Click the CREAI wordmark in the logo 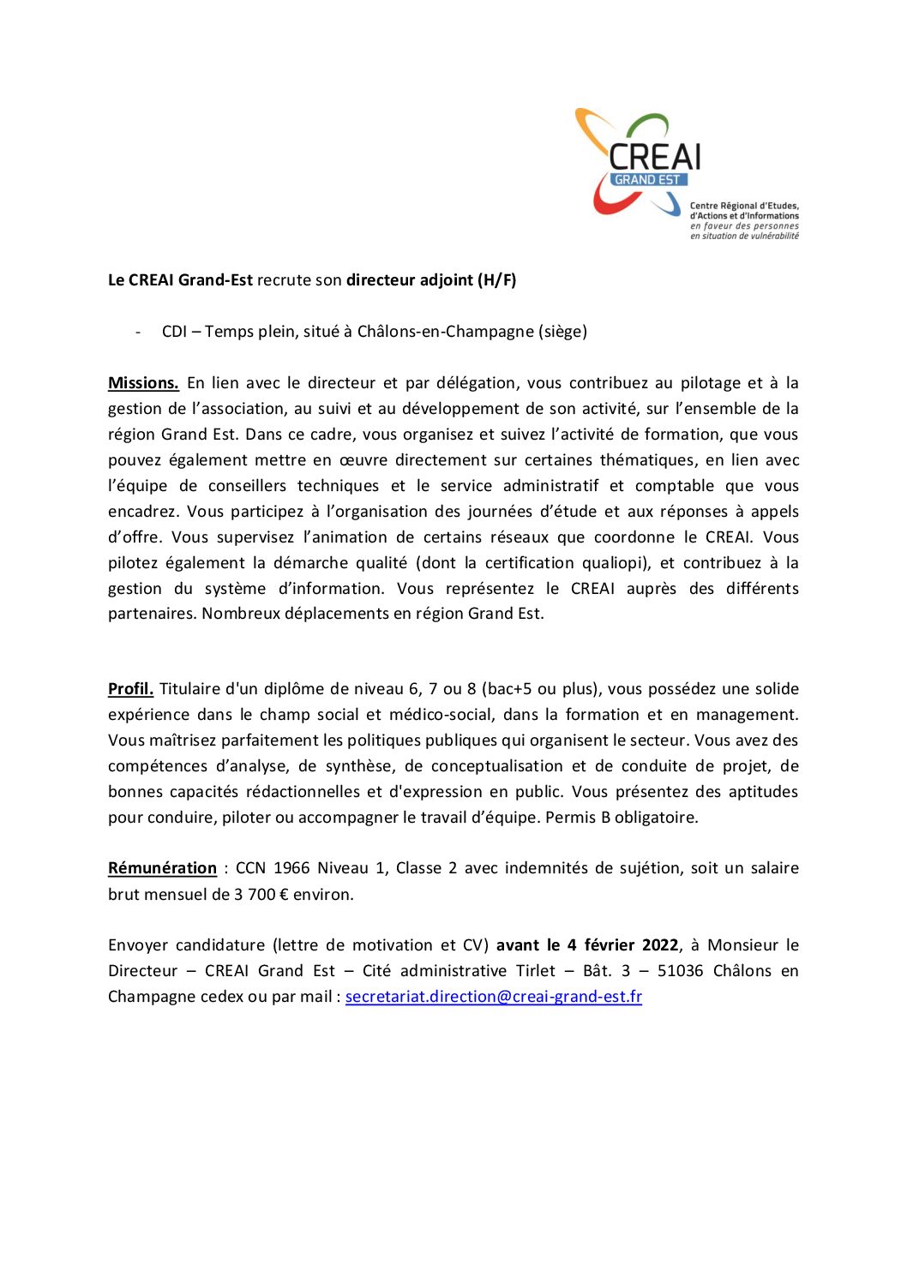coord(655,156)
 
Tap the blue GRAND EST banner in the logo coord(647,180)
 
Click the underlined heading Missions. coord(143,383)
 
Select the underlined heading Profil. coord(130,689)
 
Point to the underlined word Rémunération coord(162,868)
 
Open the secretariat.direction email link coord(493,997)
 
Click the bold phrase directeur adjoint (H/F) coord(431,280)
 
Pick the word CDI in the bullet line coord(174,332)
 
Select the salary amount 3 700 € coord(267,895)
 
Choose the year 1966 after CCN coord(291,868)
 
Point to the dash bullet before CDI coord(138,332)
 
